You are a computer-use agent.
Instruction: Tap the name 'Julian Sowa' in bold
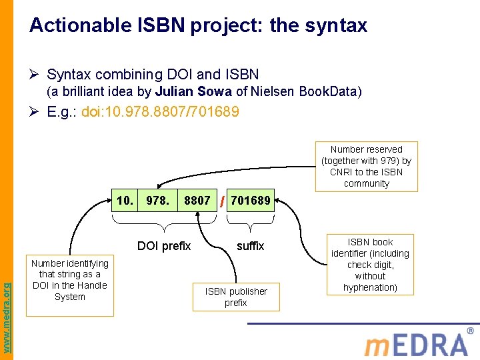point(193,91)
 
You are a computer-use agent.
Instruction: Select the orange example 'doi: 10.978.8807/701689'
point(160,111)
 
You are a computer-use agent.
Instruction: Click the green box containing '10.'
point(125,201)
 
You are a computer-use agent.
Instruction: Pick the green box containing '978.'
point(158,201)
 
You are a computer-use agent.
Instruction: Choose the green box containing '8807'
point(197,201)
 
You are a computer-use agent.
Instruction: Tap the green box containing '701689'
point(251,201)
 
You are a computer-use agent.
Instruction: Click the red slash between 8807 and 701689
point(222,201)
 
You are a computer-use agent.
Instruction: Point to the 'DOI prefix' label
point(164,247)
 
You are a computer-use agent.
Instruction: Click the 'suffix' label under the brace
point(251,247)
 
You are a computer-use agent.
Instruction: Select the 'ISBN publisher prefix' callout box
point(236,297)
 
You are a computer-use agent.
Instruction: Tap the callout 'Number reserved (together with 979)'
point(367,167)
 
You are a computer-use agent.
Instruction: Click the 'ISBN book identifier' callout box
point(370,265)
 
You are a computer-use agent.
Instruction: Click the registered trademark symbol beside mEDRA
point(471,331)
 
